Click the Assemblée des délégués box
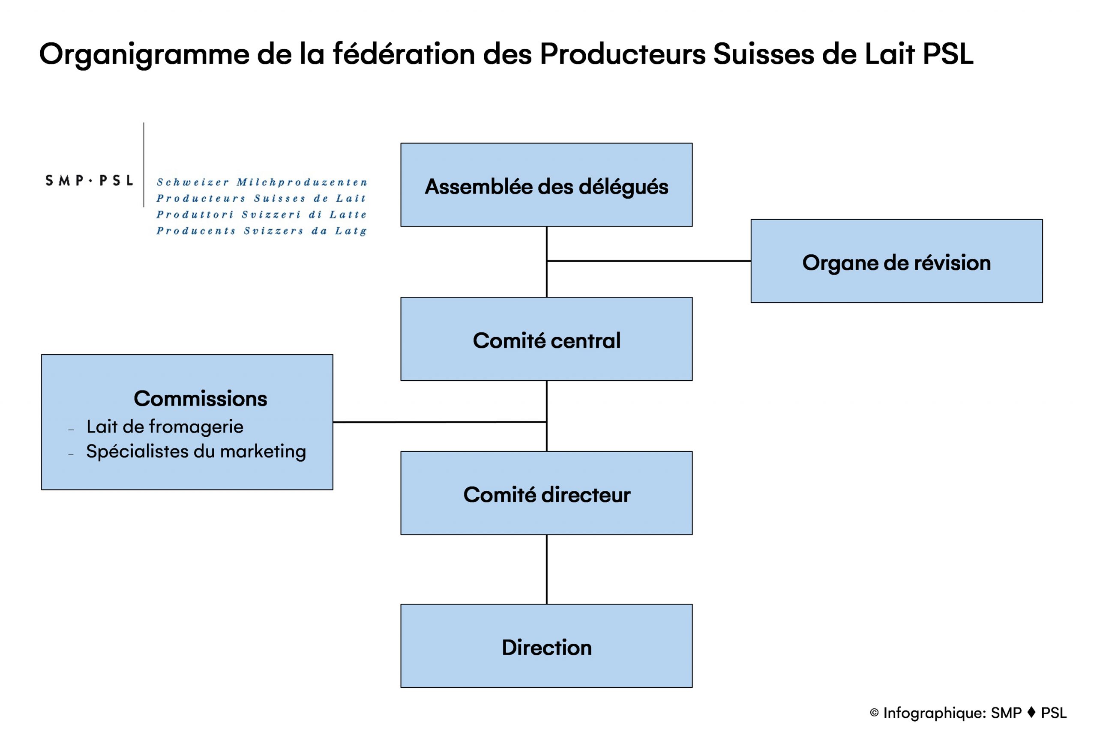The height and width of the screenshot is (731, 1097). (546, 185)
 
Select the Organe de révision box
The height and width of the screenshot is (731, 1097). (896, 261)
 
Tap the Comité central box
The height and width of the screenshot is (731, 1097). (546, 339)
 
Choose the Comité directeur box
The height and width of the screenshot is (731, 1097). (546, 493)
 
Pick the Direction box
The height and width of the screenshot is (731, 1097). (546, 646)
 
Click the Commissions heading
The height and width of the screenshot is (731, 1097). (201, 399)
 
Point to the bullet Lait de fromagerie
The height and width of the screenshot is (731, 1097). (165, 427)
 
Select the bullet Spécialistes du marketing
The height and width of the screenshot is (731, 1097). (196, 452)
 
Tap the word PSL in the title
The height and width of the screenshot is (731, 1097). (948, 54)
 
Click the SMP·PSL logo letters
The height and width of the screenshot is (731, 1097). (89, 180)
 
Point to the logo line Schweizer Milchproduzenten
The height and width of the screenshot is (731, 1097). (262, 182)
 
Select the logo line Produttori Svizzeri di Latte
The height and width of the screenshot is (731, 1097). (262, 215)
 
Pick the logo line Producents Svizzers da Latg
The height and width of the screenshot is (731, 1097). (262, 231)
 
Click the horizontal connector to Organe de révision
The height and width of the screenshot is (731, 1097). (649, 261)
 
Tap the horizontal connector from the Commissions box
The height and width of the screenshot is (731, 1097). (440, 422)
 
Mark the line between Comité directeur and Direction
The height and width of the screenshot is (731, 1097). (547, 569)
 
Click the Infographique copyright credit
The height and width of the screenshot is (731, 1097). (968, 713)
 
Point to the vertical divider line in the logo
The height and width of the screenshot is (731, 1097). (144, 164)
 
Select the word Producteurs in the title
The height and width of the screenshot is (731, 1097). (623, 54)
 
